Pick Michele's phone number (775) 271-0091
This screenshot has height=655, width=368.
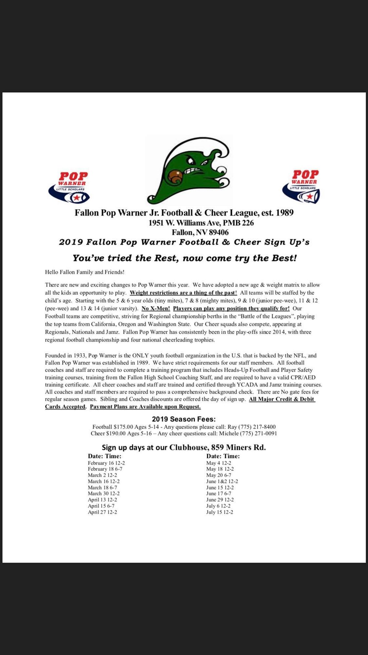pos(258,433)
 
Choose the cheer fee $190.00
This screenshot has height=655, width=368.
pos(116,433)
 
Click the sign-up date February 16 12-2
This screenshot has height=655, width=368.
pos(106,463)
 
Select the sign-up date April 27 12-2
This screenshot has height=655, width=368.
pos(102,512)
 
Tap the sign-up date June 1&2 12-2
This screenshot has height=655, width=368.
pos(222,481)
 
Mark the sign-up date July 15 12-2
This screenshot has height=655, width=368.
pos(220,512)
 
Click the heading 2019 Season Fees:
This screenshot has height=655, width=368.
pos(184,419)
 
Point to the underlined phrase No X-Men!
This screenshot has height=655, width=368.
pos(156,308)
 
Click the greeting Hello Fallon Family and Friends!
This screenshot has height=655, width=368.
pos(85,272)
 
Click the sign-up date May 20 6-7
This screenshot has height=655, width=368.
pos(219,475)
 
